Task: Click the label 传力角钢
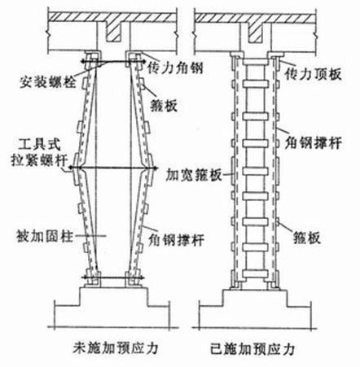coord(175,69)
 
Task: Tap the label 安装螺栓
coord(47,81)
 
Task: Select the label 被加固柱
coord(45,235)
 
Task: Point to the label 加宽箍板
coord(194,175)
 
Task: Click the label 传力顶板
coord(313,74)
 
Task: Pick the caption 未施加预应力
coord(116,347)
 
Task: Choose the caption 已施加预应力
coord(252,348)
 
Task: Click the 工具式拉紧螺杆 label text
coord(39,153)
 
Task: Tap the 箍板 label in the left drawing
coord(164,105)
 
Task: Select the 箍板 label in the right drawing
coord(307,238)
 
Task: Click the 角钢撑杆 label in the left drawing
coord(176,239)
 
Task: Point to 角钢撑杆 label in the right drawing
coord(314,142)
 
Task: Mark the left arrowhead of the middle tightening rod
coord(71,168)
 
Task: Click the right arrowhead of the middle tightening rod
coord(156,168)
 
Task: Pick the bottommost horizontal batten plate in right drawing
coord(255,273)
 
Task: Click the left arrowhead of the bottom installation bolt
coord(84,277)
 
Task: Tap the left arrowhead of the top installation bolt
coord(84,62)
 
